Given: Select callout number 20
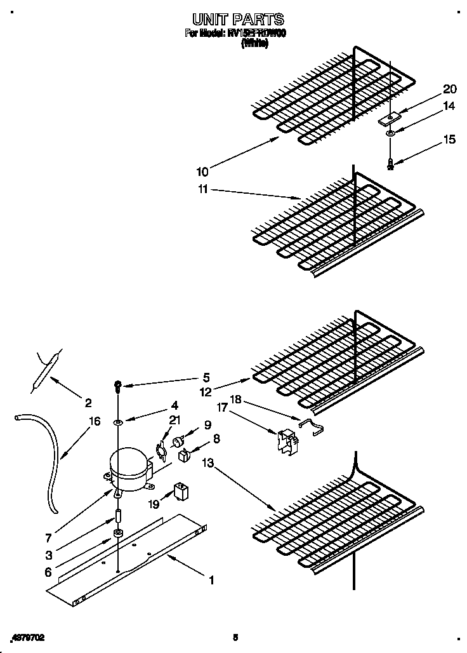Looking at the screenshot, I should [x=449, y=89].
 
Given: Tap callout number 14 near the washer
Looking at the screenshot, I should [x=449, y=107].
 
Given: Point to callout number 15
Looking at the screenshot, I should [x=449, y=140].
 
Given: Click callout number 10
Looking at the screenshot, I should [x=202, y=172].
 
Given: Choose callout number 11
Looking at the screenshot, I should [x=202, y=189].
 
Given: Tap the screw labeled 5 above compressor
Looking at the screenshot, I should [x=117, y=385].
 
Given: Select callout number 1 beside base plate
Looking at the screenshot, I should [x=211, y=579].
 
